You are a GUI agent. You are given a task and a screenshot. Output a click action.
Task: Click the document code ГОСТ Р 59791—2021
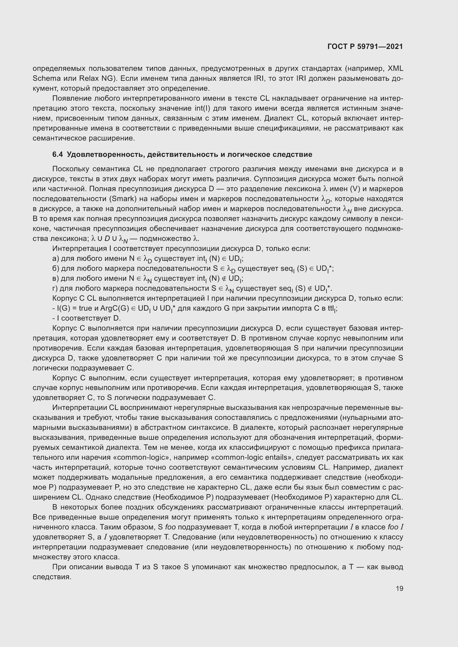[365, 46]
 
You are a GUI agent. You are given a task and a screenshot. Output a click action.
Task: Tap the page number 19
[399, 588]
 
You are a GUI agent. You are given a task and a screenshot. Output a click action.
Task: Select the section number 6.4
[58, 154]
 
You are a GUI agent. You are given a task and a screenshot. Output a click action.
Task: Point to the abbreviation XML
[395, 69]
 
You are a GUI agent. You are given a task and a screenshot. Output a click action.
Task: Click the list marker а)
[56, 258]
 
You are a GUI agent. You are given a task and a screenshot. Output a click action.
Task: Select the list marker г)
[56, 288]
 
